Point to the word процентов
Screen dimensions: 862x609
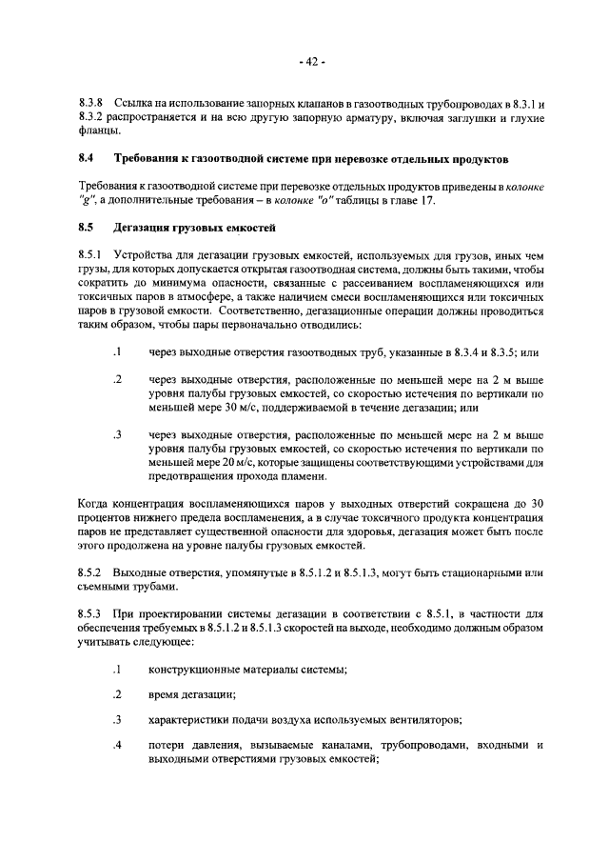tap(105, 517)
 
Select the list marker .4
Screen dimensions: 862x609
tap(117, 745)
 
